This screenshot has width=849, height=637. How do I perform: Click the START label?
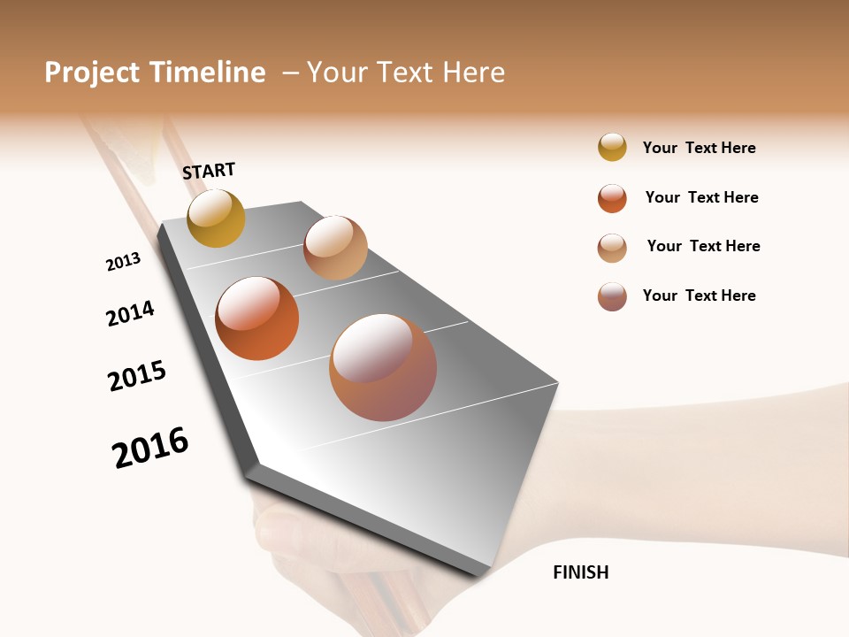(x=209, y=171)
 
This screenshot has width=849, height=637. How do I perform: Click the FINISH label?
(x=580, y=572)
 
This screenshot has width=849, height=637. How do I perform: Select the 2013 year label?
(x=123, y=261)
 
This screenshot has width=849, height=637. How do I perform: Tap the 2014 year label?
(x=130, y=313)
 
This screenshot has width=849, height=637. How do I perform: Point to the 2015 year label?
(x=137, y=376)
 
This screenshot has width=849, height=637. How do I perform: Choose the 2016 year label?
(x=150, y=448)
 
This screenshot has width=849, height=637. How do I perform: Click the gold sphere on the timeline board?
(x=216, y=218)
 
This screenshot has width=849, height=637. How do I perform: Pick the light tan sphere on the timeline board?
(x=335, y=248)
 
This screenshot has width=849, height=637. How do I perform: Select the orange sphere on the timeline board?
(x=256, y=318)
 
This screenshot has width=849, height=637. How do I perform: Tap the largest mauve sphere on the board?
(x=383, y=367)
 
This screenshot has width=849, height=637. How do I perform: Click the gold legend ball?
(x=612, y=147)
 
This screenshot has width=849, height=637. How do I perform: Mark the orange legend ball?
(x=612, y=198)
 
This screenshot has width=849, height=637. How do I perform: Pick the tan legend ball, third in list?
(x=612, y=248)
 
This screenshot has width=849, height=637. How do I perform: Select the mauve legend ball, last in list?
(x=612, y=296)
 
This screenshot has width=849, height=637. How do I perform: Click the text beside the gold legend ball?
(x=699, y=148)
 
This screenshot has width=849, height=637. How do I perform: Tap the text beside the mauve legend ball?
(x=699, y=295)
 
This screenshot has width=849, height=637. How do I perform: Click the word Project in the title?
(x=93, y=73)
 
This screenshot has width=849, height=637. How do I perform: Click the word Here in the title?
(x=472, y=73)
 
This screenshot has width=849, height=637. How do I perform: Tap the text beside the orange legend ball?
(x=701, y=197)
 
